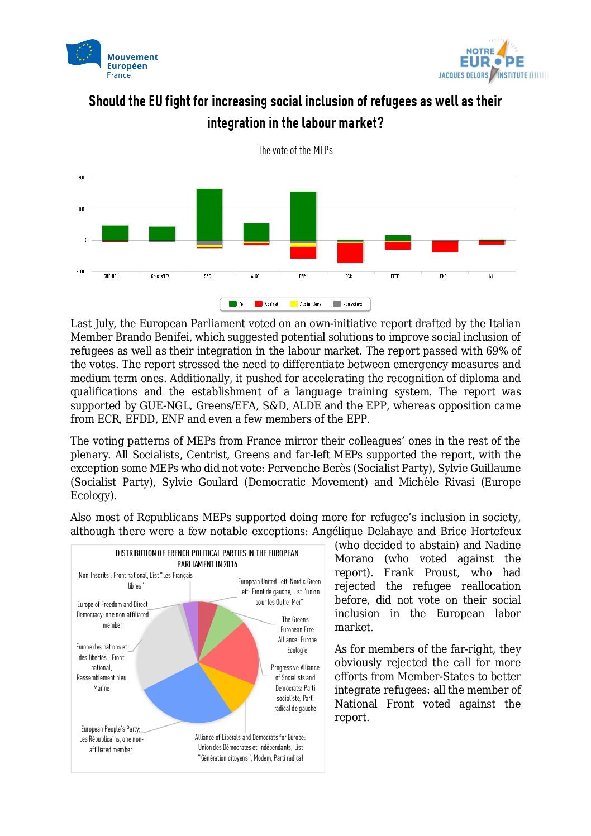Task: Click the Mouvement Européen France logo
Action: coord(112,59)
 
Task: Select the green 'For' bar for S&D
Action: coord(209,214)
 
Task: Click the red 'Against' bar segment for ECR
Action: coord(350,252)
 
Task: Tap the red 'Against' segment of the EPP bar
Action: coord(303,252)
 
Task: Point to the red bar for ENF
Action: coord(445,246)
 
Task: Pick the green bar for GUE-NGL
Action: coord(115,233)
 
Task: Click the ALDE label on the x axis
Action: coord(255,276)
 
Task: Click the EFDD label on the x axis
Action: coord(395,276)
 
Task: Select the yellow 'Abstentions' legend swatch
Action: coord(294,304)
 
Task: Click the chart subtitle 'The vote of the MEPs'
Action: coord(295,150)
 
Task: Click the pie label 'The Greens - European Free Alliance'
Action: coord(297,634)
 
